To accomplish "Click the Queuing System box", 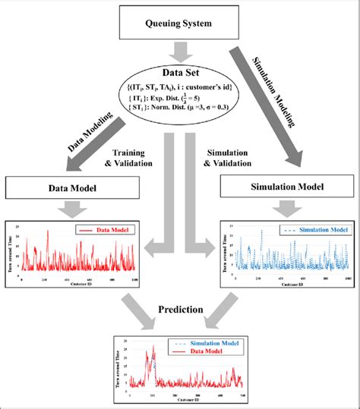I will tap(179, 22).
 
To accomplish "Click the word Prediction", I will tap(179, 311).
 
